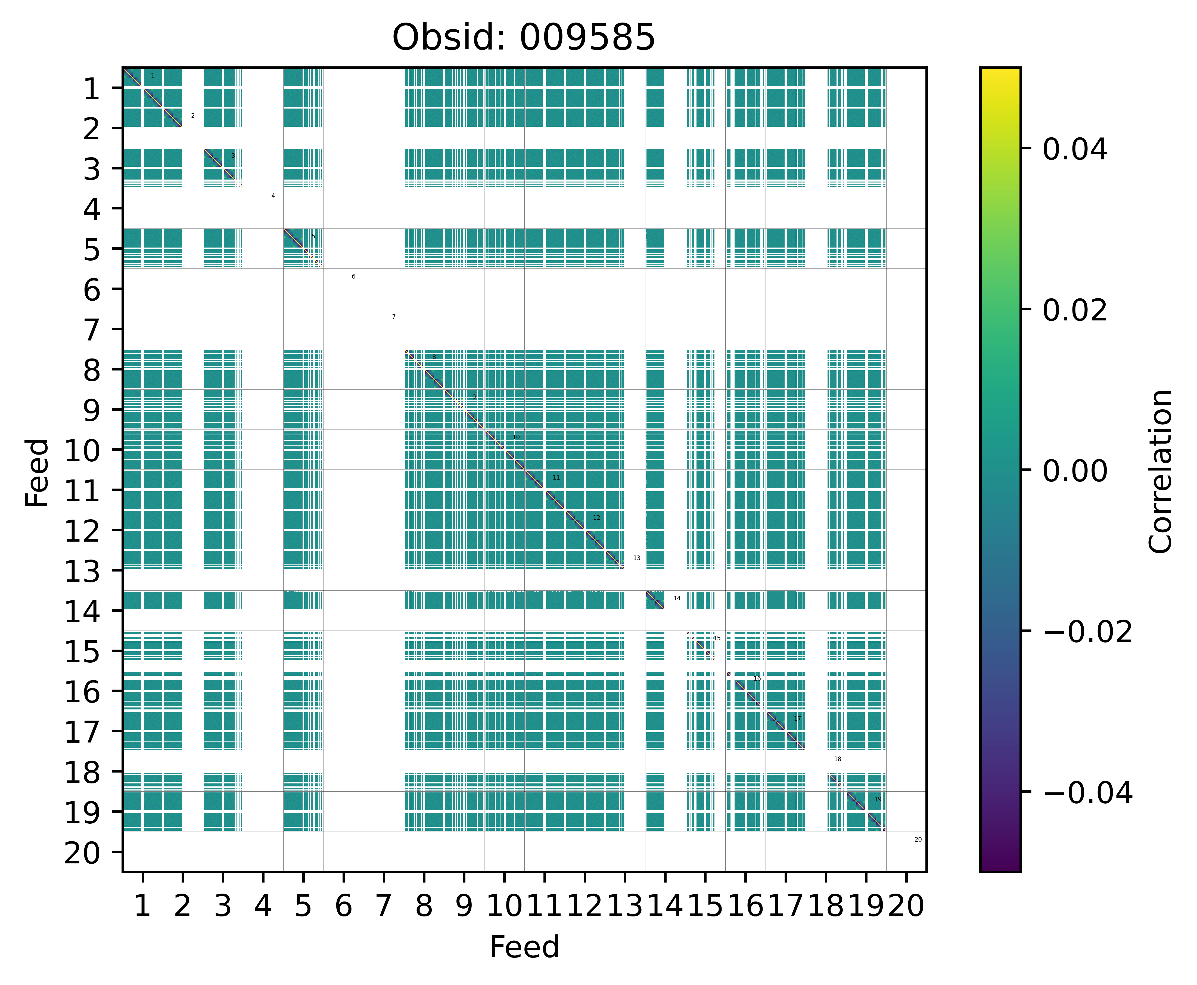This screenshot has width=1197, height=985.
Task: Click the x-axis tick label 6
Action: (x=343, y=906)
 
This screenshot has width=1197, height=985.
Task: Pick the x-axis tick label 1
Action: (x=142, y=906)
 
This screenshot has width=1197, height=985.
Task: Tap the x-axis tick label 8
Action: (x=424, y=906)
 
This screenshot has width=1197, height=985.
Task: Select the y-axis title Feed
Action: (x=38, y=472)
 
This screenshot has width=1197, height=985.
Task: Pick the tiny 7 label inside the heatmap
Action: (x=394, y=317)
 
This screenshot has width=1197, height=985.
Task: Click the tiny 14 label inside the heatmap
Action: (x=676, y=598)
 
